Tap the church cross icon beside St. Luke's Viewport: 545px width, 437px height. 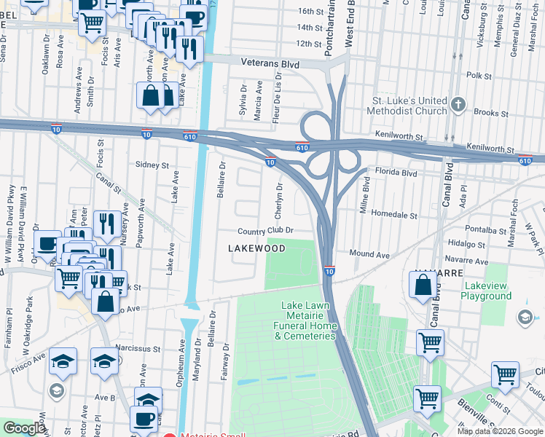click(458, 104)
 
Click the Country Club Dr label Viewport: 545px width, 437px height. click(265, 231)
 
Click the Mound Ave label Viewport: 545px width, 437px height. click(369, 255)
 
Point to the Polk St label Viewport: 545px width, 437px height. click(479, 76)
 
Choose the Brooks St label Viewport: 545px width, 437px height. click(490, 113)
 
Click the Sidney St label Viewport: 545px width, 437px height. click(152, 165)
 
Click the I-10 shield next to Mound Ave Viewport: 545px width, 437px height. click(329, 271)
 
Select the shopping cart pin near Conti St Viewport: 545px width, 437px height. click(505, 374)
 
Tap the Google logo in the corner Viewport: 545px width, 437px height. click(24, 429)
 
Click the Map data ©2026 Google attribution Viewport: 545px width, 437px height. click(500, 431)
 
